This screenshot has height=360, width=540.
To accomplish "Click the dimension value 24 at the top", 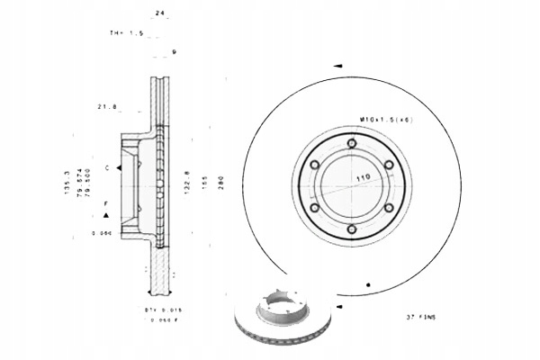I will (x=160, y=14).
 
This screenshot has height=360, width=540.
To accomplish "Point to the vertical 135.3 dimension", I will (x=67, y=184).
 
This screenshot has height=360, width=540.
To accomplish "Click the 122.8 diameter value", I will (x=186, y=184).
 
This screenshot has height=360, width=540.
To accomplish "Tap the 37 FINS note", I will (x=420, y=318).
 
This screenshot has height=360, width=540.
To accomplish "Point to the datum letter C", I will (x=106, y=168).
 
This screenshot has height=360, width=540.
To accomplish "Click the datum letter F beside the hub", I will (x=106, y=204).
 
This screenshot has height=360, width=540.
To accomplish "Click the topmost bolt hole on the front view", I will (x=351, y=143).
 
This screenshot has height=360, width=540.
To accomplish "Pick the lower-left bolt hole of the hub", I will (x=314, y=208).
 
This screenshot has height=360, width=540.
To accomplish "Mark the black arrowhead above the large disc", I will (x=338, y=67).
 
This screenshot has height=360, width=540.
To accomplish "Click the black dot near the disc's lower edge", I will (x=369, y=285).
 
